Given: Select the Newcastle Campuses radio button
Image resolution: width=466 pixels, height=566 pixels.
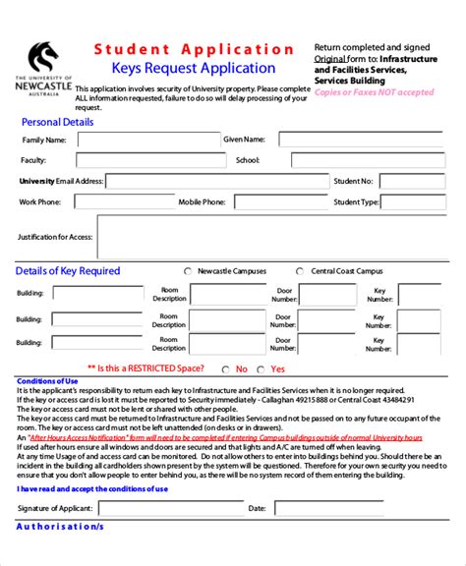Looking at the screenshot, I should (x=188, y=271).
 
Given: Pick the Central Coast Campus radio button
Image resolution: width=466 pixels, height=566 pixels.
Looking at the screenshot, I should (x=300, y=271).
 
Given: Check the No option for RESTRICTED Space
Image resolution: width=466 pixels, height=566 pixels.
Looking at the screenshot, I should (x=227, y=369).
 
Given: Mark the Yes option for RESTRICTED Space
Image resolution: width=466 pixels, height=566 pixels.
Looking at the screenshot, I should (x=262, y=369).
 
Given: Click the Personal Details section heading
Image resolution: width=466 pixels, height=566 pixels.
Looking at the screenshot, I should (x=58, y=123).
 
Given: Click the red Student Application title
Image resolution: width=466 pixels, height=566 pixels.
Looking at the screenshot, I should (x=195, y=49).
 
